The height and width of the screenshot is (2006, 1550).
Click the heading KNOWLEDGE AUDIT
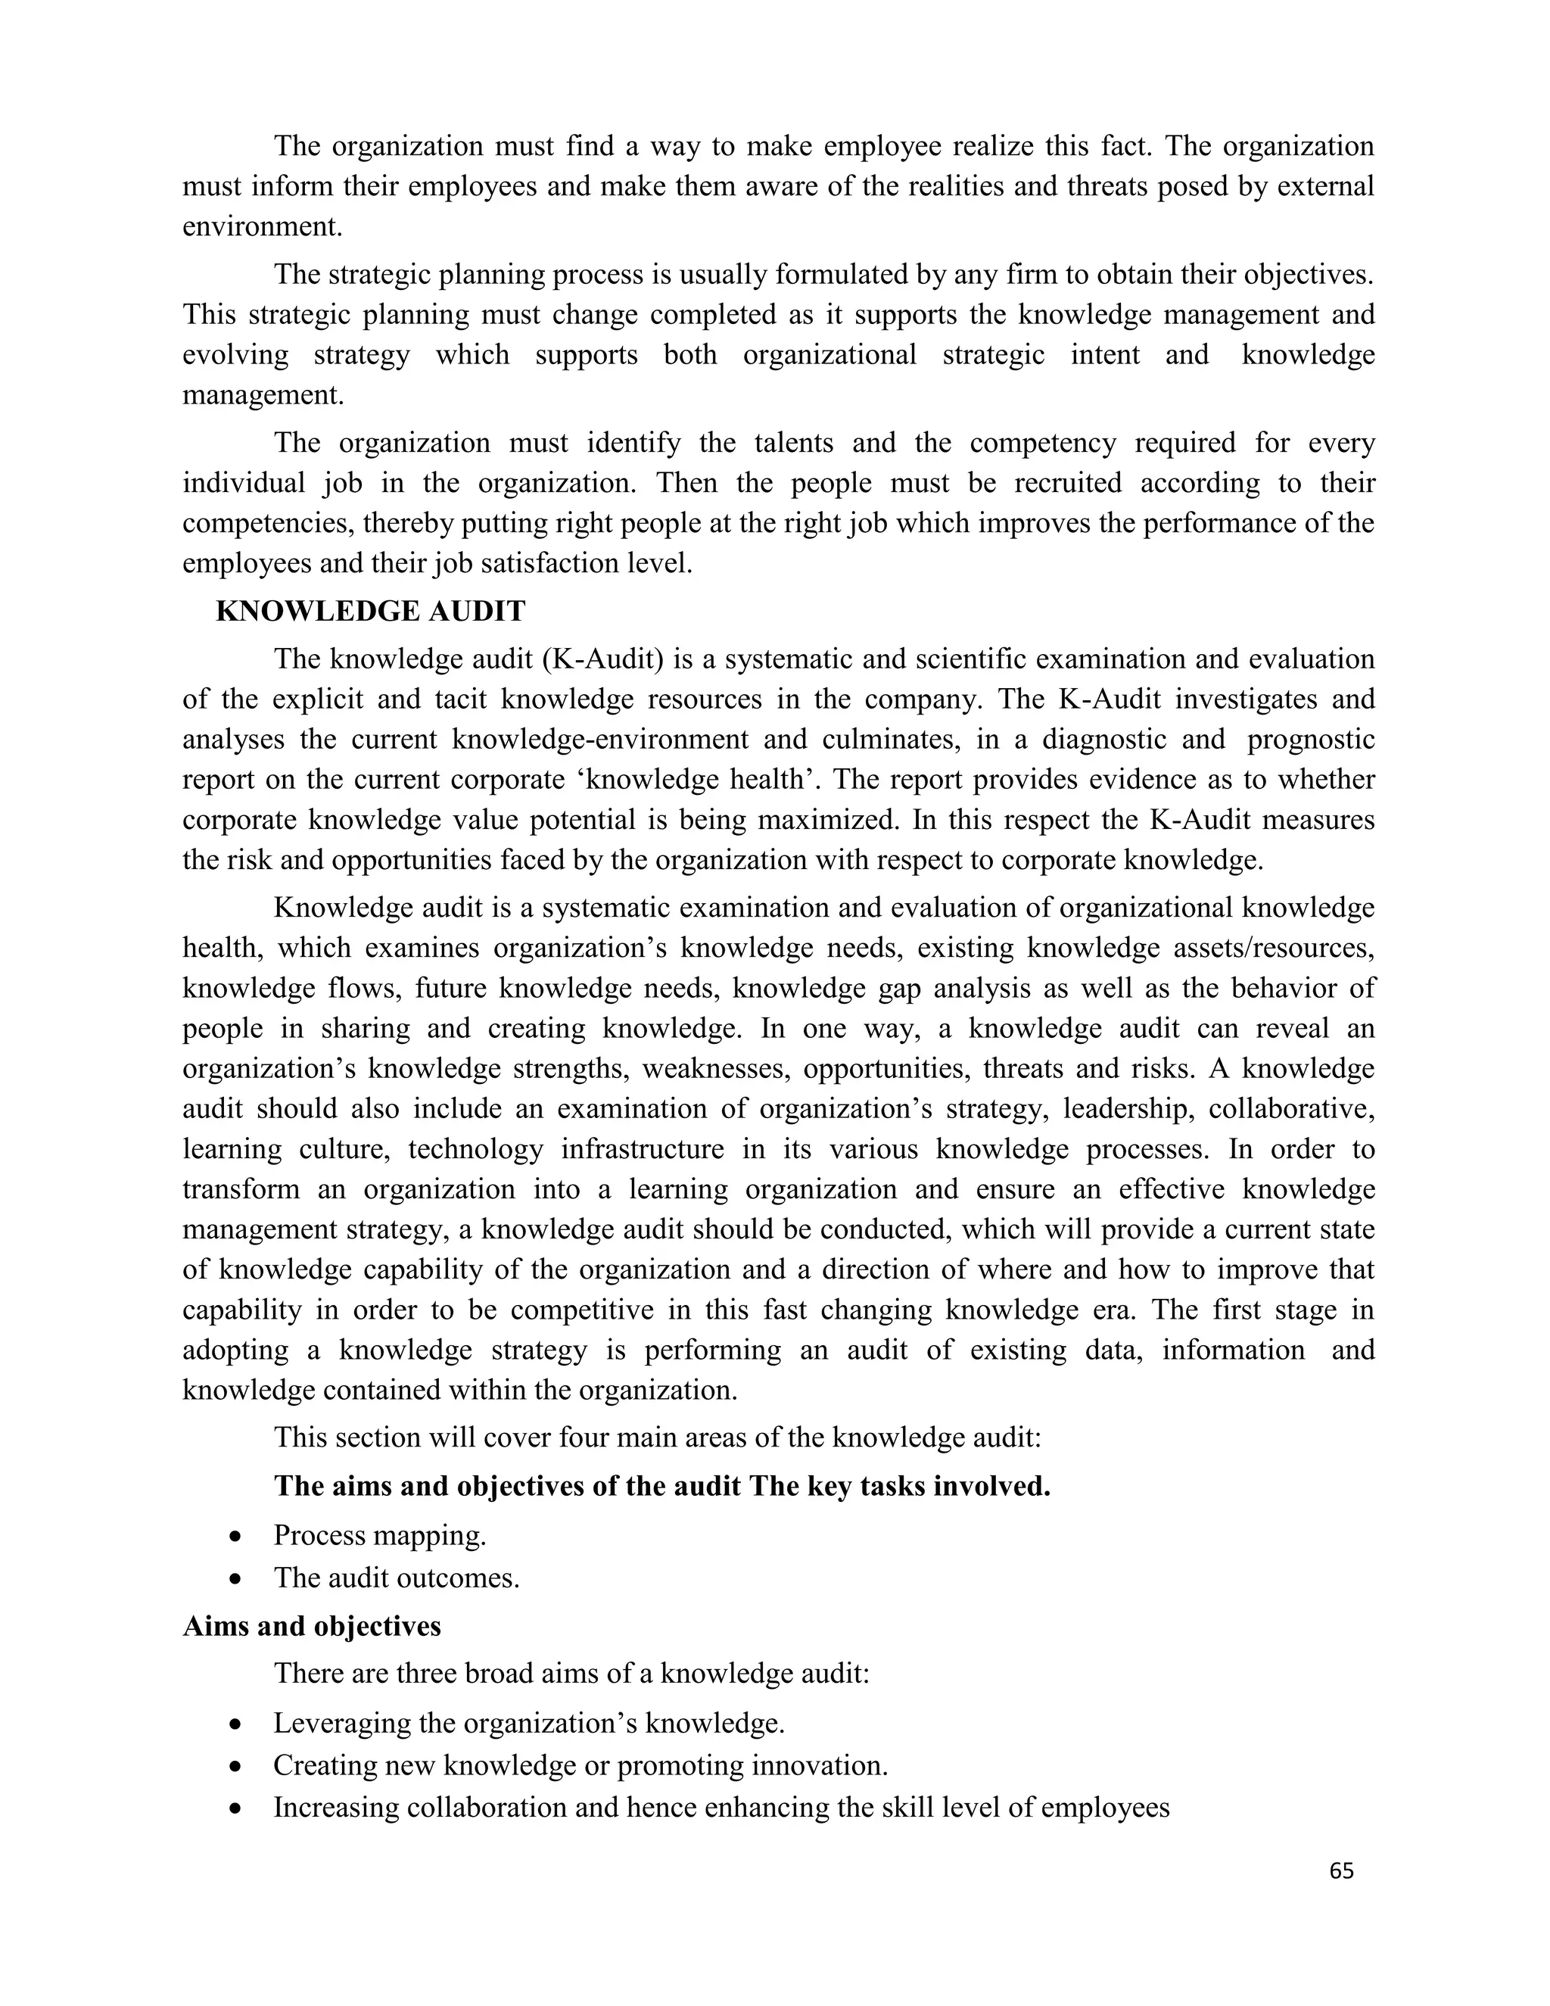370,611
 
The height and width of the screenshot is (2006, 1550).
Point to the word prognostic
1310,740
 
